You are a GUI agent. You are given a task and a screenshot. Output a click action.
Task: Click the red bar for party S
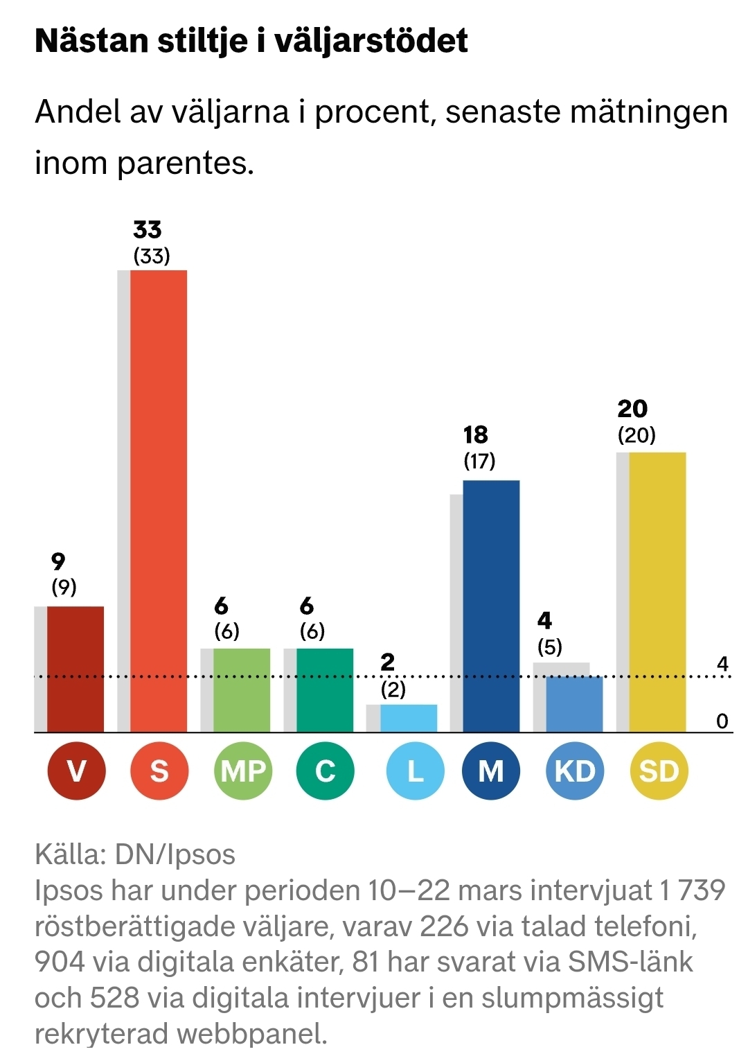click(159, 500)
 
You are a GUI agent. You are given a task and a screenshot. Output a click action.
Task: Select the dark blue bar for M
click(491, 606)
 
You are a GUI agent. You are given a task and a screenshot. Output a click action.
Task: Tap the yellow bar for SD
click(657, 592)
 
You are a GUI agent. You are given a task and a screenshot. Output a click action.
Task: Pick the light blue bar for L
click(409, 718)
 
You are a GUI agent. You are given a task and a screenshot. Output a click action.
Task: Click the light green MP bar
click(242, 690)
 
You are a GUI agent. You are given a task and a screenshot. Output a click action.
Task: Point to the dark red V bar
click(75, 669)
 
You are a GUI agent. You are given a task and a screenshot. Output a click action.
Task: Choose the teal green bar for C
click(325, 690)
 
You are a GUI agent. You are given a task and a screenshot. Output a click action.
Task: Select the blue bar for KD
click(574, 704)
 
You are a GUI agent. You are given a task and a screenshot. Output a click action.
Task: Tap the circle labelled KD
click(575, 771)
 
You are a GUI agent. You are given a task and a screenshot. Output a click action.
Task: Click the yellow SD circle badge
click(659, 771)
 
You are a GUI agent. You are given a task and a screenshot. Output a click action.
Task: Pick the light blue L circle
click(414, 771)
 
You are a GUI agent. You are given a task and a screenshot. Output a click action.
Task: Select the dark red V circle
click(76, 771)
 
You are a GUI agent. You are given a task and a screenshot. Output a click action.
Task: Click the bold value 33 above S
click(148, 229)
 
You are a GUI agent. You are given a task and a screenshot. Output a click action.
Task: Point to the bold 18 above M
click(476, 434)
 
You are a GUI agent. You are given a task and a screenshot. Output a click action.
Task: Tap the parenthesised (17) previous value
click(479, 461)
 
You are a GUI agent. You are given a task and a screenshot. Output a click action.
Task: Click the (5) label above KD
click(550, 647)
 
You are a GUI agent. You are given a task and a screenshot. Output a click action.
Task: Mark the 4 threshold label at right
click(722, 664)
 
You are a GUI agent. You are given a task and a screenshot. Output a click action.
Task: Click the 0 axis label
click(722, 721)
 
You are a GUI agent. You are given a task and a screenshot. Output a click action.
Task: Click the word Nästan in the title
click(91, 41)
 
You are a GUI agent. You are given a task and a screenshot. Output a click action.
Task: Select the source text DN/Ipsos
click(175, 854)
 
